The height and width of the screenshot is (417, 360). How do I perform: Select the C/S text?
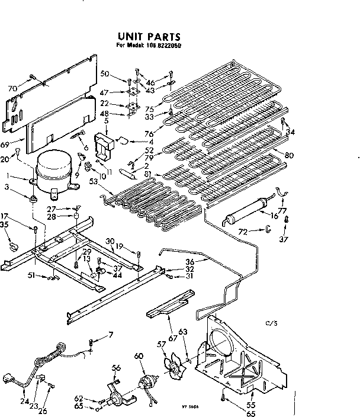[x=272, y=323]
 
